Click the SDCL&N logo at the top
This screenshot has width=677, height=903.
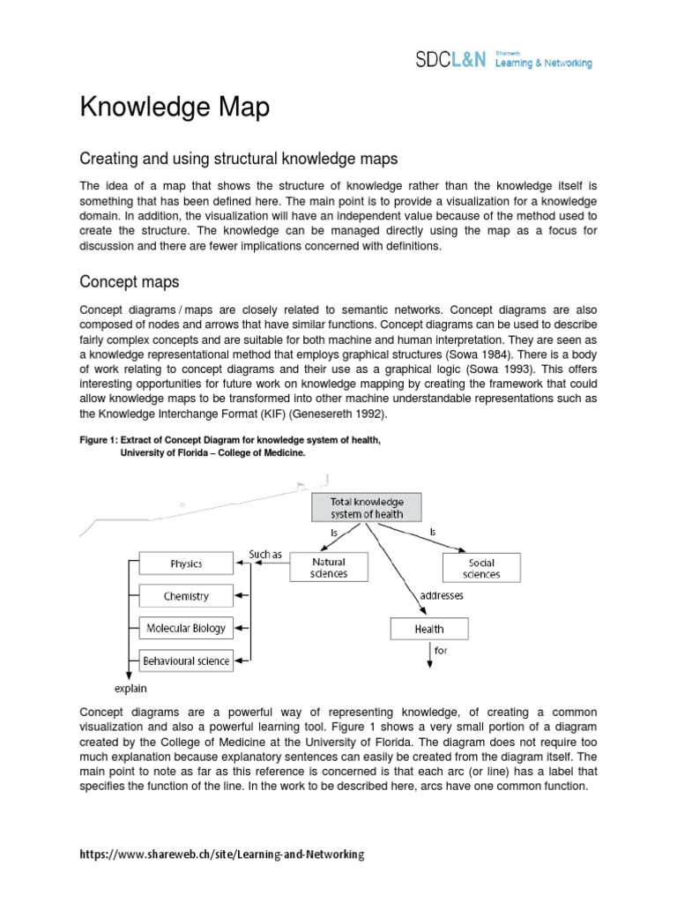point(450,60)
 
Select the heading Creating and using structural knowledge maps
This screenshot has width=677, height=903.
point(239,159)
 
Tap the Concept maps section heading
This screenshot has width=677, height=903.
point(130,281)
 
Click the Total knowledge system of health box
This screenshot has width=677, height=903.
point(366,507)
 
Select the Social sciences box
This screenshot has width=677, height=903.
point(481,568)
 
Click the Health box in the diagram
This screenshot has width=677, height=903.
point(429,629)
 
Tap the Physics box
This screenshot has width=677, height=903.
point(186,563)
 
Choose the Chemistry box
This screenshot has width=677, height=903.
point(186,596)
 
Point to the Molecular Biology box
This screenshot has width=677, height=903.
point(186,629)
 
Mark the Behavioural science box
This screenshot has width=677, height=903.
point(186,660)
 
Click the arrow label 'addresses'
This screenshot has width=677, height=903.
point(458,595)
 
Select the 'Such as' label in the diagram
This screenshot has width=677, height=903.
point(264,555)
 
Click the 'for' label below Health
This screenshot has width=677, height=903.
point(442,652)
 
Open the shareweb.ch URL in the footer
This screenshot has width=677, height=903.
point(221,854)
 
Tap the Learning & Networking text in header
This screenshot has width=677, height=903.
point(544,63)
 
